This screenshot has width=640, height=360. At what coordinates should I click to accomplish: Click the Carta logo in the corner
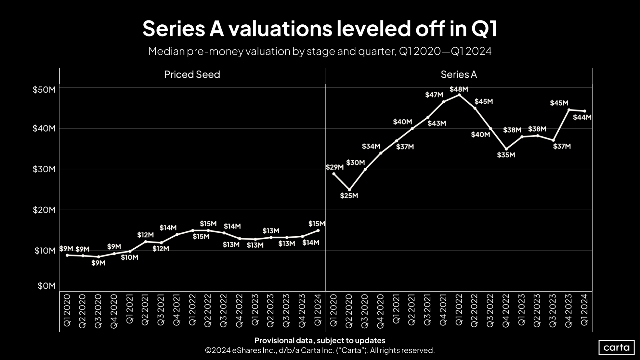(616, 348)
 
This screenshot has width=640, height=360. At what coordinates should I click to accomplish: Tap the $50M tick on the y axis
(44, 90)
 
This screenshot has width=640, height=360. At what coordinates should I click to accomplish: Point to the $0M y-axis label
(46, 286)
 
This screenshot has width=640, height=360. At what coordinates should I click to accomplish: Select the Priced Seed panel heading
(192, 75)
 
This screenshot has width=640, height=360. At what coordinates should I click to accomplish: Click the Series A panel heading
(459, 75)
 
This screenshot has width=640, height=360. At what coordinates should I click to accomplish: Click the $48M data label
(459, 89)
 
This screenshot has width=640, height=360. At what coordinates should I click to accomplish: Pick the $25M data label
(349, 196)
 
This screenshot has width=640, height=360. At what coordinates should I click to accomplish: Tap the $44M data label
(582, 117)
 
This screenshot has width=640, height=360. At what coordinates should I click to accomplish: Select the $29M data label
(335, 167)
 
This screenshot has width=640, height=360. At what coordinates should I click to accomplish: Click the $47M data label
(434, 95)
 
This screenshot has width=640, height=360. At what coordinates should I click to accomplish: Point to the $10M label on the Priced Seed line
(129, 258)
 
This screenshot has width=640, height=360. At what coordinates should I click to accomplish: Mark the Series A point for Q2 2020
(349, 190)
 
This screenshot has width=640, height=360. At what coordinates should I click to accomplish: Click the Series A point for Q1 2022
(459, 95)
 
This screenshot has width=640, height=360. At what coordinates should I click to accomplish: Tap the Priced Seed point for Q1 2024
(318, 230)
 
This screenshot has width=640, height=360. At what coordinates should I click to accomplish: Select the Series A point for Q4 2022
(506, 149)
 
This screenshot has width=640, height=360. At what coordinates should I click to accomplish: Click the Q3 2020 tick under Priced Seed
(98, 311)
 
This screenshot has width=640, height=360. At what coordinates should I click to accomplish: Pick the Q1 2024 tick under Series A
(585, 310)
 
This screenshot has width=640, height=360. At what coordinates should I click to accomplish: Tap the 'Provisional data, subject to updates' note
(320, 340)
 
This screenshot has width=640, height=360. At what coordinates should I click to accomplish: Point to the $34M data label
(371, 147)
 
